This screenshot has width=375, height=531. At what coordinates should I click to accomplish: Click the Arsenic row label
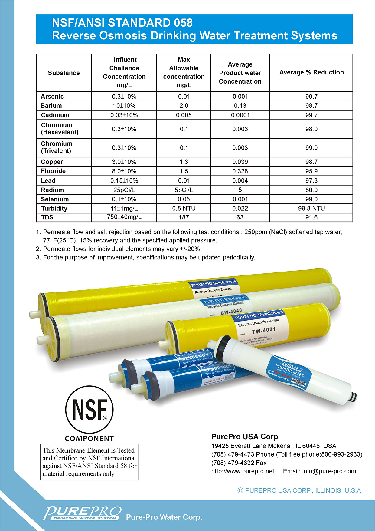click(x=52, y=97)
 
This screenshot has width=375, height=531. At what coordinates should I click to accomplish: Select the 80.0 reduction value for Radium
click(x=311, y=190)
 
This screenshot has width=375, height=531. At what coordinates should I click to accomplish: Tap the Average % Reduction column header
click(x=311, y=72)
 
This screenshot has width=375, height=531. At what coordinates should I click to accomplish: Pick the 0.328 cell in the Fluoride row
click(x=240, y=171)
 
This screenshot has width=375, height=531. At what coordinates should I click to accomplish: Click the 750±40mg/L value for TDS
click(x=124, y=217)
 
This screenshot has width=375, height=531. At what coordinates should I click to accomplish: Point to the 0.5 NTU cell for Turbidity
click(x=184, y=208)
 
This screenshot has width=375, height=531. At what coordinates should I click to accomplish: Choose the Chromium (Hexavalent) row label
click(x=60, y=129)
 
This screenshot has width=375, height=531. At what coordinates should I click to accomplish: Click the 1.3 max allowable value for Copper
click(x=184, y=162)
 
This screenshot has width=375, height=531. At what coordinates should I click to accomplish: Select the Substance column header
click(x=64, y=73)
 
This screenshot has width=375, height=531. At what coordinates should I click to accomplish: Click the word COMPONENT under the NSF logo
click(x=90, y=438)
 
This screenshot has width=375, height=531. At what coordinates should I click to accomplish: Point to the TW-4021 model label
click(x=264, y=331)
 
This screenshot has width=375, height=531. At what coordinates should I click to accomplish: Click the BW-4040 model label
click(x=231, y=312)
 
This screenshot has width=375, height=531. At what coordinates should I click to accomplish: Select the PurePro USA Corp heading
click(x=244, y=437)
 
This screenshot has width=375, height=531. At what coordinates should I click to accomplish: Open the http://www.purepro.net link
click(x=243, y=471)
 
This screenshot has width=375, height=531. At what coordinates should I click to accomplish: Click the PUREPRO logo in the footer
click(x=82, y=513)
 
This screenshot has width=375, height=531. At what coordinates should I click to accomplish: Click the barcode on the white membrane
click(x=299, y=382)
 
